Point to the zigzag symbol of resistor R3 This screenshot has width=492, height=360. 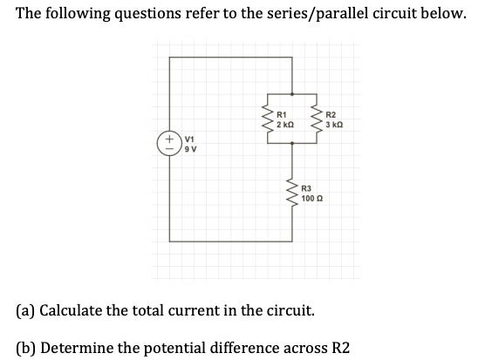point(291,194)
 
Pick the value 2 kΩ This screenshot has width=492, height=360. point(284,126)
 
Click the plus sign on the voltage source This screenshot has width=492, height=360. point(164,139)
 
